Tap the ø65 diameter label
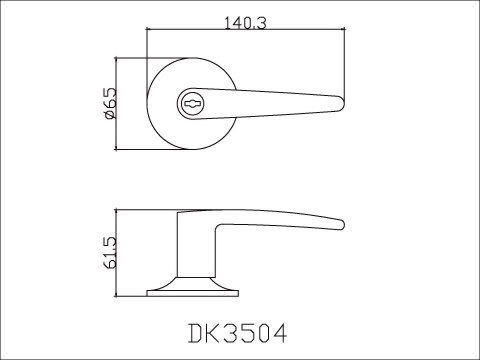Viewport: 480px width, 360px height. [x=109, y=104]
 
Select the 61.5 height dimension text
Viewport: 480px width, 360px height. [x=109, y=255]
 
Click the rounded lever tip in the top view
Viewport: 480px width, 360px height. [x=341, y=100]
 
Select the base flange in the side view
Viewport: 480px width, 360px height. [x=195, y=291]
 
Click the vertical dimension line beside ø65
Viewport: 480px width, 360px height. [x=120, y=104]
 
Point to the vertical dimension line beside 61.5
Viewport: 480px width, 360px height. [x=120, y=255]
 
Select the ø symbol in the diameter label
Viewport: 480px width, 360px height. [x=109, y=116]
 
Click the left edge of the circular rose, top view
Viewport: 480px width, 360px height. [x=148, y=104]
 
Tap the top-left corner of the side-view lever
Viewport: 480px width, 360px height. [x=178, y=214]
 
